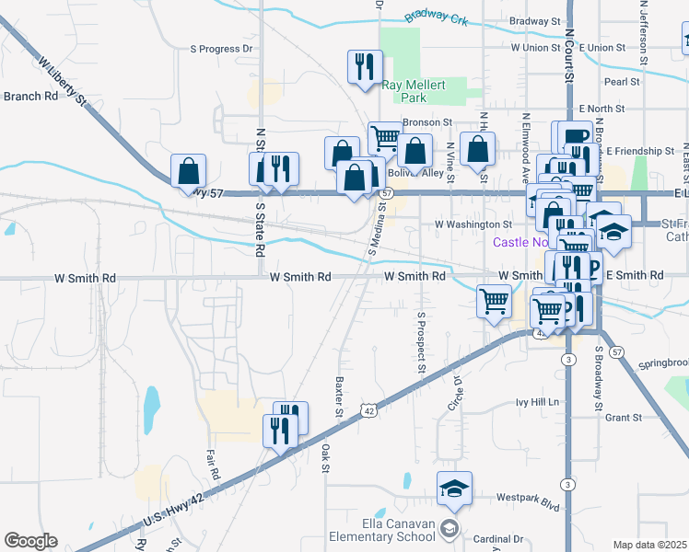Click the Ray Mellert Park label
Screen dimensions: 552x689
click(x=414, y=90)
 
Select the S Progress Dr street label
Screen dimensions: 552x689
click(x=221, y=49)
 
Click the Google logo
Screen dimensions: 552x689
click(x=30, y=541)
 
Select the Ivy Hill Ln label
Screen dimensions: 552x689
click(x=538, y=402)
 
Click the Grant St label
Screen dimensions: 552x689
click(x=624, y=418)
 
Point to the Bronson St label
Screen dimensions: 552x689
click(x=427, y=121)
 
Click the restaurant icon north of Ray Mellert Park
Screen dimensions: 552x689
click(x=365, y=66)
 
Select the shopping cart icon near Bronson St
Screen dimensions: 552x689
click(x=384, y=138)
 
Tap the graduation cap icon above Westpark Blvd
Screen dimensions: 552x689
click(x=454, y=488)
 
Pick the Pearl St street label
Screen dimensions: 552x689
click(x=622, y=82)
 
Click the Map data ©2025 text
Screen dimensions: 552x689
click(x=649, y=545)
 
